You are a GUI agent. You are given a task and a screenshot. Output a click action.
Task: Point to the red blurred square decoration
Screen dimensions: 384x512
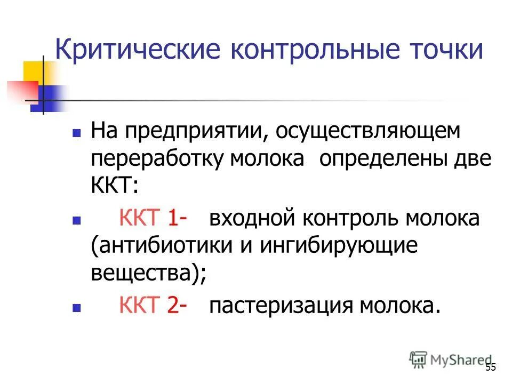tap(21, 91)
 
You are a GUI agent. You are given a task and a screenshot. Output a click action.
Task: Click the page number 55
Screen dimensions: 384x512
tap(491, 367)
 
